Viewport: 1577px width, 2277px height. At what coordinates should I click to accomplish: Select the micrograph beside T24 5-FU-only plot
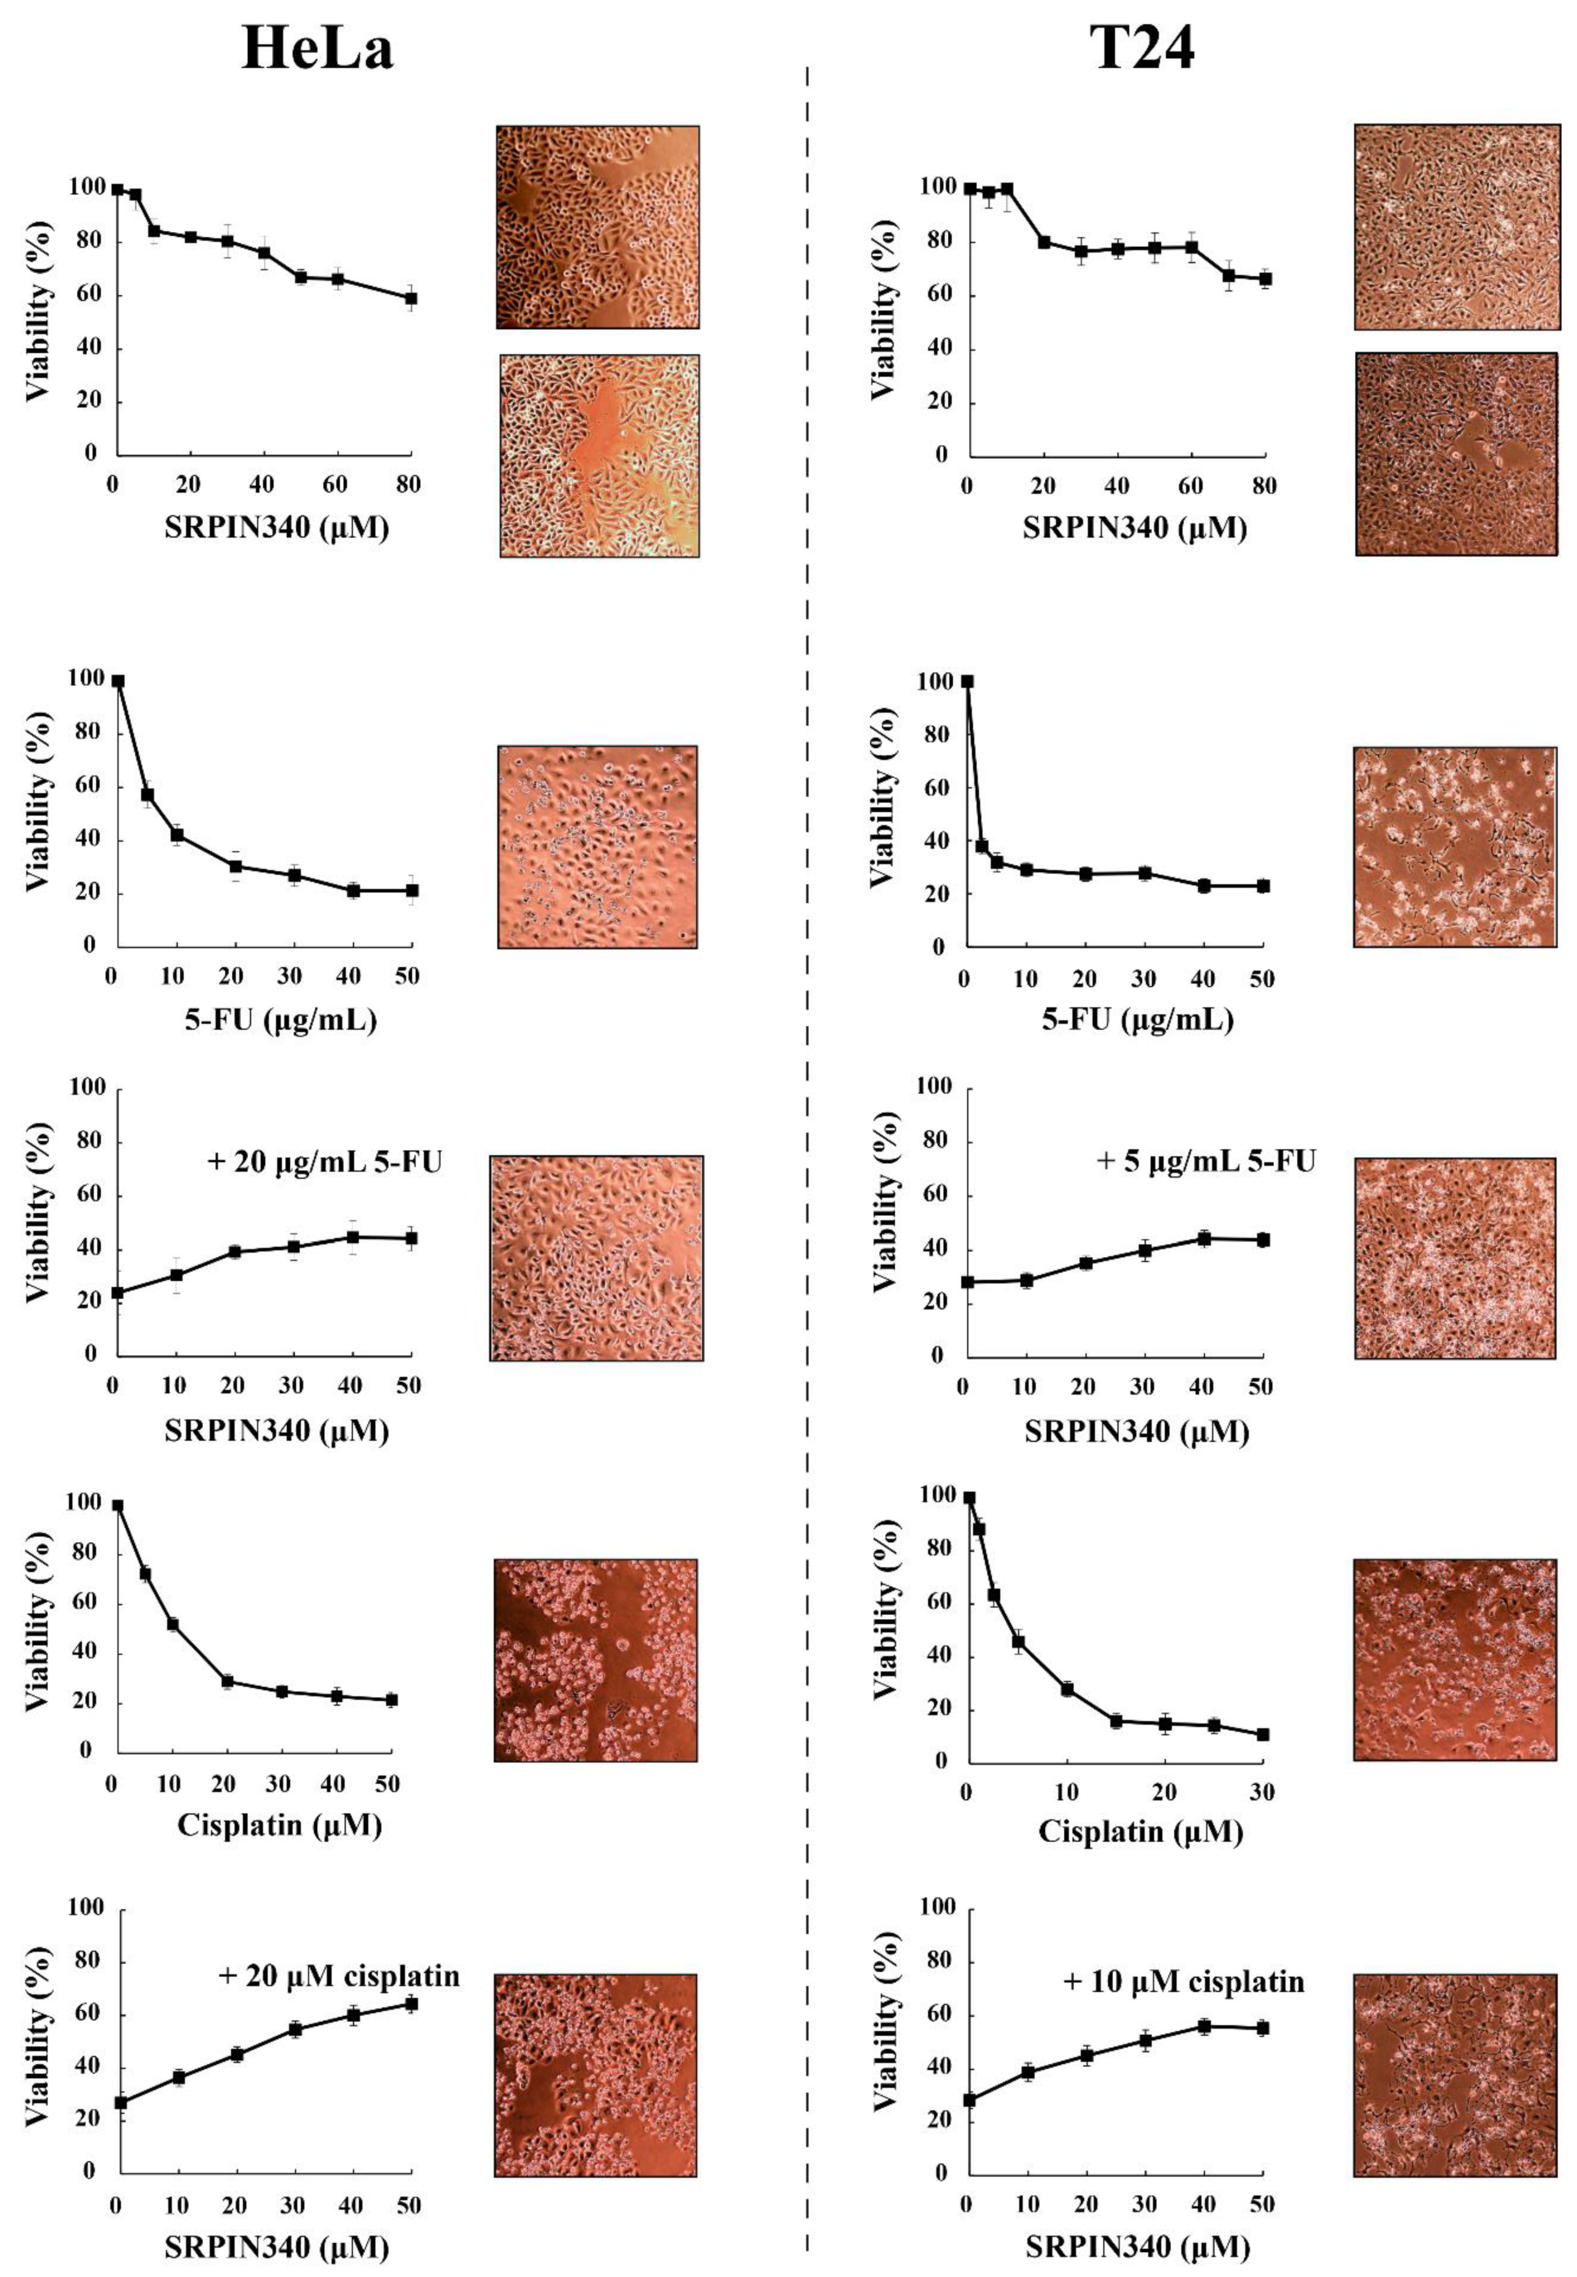(1455, 846)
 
